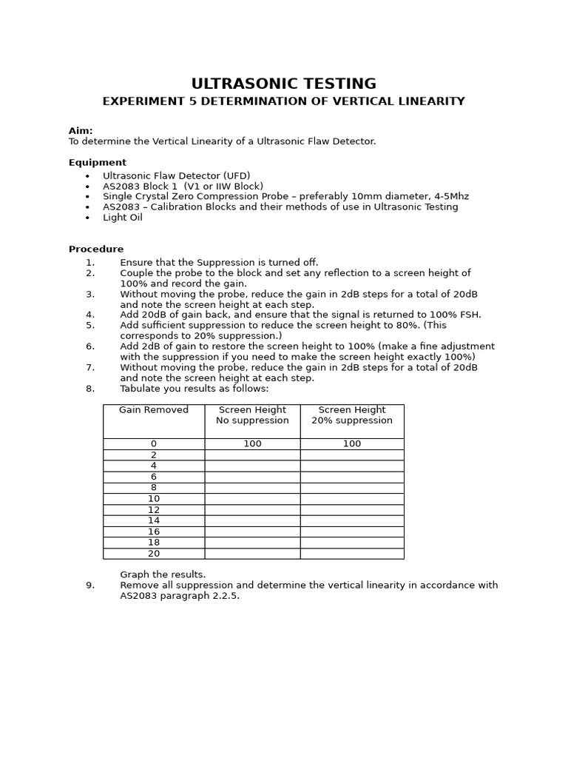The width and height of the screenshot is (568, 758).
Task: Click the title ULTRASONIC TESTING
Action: tap(283, 84)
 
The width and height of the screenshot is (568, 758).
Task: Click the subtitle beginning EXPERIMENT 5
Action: tap(283, 101)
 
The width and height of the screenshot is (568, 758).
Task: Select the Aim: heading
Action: tap(81, 131)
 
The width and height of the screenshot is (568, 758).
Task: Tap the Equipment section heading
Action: tap(98, 163)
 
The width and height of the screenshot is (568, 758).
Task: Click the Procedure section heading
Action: tap(96, 249)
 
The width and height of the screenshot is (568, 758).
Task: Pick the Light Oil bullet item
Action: tap(123, 218)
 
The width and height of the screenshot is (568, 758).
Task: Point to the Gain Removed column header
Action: tap(154, 410)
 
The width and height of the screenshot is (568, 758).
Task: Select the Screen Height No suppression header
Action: tap(252, 415)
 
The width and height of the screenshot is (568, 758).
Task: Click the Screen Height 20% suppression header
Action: tap(352, 415)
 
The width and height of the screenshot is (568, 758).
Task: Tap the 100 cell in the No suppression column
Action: tap(252, 444)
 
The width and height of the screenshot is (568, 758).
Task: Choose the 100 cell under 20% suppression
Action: tap(352, 444)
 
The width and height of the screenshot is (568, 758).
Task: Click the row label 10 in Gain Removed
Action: tap(154, 499)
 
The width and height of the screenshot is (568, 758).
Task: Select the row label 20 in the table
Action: tap(154, 554)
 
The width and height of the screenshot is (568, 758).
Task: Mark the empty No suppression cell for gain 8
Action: tap(252, 488)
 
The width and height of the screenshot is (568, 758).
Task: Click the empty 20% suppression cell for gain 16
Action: tap(352, 531)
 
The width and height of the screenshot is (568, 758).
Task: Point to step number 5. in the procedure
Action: tap(90, 325)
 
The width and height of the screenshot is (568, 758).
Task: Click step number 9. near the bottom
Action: tap(90, 586)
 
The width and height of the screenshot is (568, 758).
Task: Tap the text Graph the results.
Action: tap(163, 574)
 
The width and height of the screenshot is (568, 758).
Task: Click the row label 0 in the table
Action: tap(154, 444)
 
